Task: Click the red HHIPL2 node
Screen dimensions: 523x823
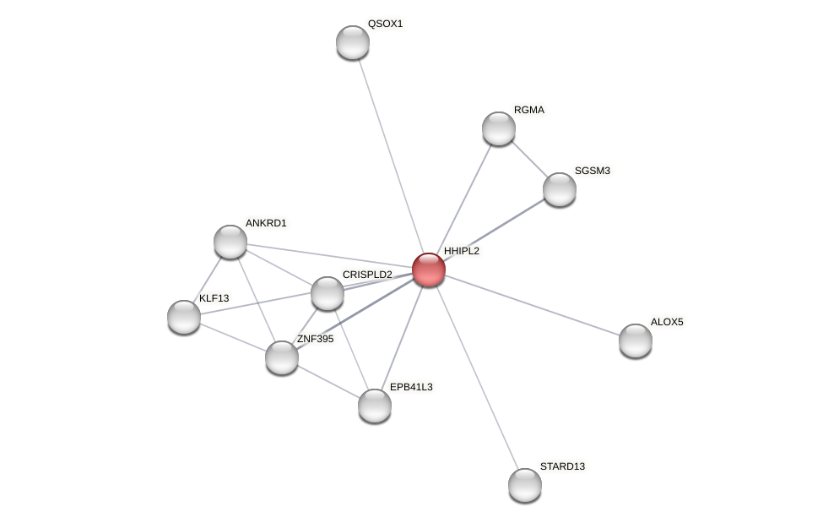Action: (429, 270)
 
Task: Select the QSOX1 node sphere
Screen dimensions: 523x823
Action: (353, 42)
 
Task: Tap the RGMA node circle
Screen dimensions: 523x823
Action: (499, 128)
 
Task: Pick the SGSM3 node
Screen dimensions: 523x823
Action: (560, 189)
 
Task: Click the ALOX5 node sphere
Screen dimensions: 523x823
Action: (636, 340)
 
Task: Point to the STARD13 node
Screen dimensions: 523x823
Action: (525, 485)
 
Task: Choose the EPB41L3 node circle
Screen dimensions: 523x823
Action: (375, 406)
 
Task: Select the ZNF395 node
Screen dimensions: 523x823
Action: (282, 357)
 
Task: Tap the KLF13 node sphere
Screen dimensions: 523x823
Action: (184, 317)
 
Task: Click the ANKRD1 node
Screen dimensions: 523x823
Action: (230, 242)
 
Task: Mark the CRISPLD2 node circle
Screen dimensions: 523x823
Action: (328, 293)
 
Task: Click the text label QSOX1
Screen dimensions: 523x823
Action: (385, 24)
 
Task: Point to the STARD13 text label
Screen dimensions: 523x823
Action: (562, 466)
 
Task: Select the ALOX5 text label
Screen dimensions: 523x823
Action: (667, 322)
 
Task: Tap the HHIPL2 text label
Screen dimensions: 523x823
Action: (461, 251)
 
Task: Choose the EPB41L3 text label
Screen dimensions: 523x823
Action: (411, 387)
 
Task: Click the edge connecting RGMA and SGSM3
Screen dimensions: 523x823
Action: (529, 159)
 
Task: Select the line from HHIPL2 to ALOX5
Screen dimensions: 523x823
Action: (532, 305)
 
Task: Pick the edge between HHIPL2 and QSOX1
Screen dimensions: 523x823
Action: (391, 156)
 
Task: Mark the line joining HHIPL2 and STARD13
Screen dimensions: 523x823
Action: (477, 377)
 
